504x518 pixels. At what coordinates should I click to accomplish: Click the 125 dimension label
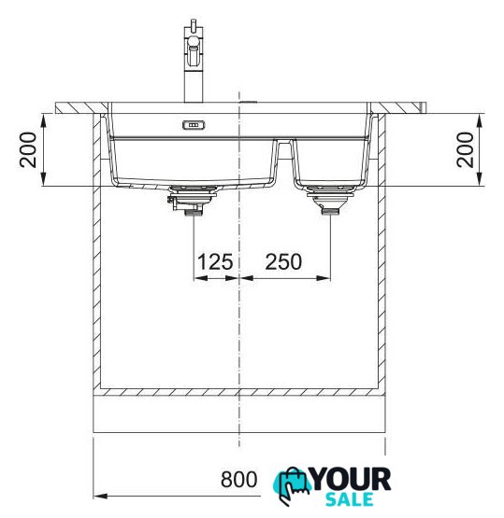(215, 261)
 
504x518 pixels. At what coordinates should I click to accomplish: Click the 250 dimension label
(283, 261)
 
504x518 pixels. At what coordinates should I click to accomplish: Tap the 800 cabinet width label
(238, 480)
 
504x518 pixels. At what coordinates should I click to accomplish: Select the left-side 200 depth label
(28, 149)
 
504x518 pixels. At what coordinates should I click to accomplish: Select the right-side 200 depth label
(465, 149)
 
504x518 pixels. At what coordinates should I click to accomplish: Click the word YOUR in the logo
(351, 480)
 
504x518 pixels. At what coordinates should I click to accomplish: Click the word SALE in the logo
(350, 499)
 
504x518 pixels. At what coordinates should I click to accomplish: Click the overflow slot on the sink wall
(194, 125)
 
